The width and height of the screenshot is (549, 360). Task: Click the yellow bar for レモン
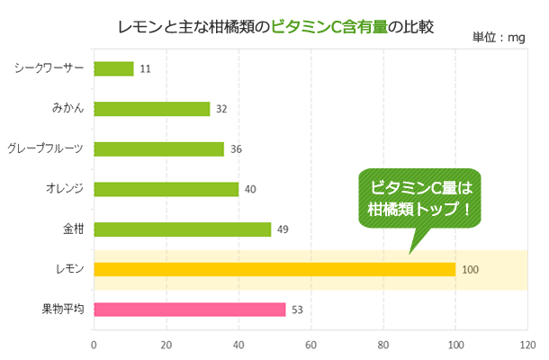274,269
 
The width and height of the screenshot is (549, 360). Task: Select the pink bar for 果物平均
189,310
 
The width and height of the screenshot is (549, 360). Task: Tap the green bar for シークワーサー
113,68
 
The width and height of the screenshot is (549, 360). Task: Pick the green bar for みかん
151,109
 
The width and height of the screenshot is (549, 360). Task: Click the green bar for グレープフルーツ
158,149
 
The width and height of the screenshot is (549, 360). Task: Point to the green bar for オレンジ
166,189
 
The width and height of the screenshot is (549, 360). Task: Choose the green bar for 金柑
182,229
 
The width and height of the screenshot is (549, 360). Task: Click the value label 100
470,269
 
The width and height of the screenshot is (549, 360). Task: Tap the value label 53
297,310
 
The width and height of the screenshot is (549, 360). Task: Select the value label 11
145,68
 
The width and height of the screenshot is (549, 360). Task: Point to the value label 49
283,229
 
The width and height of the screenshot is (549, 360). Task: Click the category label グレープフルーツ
45,148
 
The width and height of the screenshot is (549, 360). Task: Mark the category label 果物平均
63,310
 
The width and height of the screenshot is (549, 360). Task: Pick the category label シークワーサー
49,68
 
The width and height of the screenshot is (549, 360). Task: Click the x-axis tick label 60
310,343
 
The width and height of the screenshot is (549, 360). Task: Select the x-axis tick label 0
94,343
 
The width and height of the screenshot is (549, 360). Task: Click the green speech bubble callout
420,201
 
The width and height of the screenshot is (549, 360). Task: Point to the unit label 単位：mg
498,38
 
